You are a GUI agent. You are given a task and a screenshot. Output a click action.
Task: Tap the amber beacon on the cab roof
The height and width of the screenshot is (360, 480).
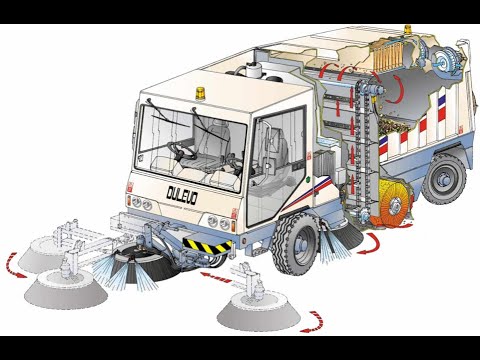point(201,94)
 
